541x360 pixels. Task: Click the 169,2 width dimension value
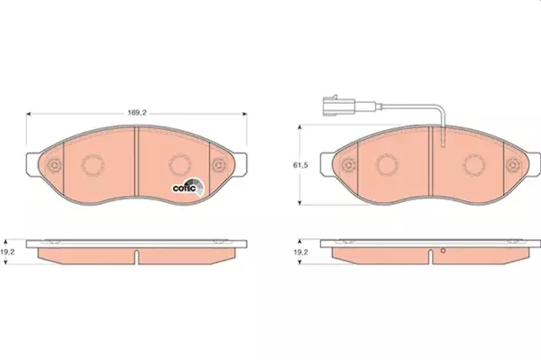point(136,114)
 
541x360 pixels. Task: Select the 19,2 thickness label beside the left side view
point(9,254)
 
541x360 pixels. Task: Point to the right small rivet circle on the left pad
point(219,165)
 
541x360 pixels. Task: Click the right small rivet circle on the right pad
point(513,165)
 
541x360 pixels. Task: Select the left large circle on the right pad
point(388,164)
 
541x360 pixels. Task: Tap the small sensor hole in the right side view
point(443,249)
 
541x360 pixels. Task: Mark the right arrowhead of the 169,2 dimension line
point(245,114)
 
